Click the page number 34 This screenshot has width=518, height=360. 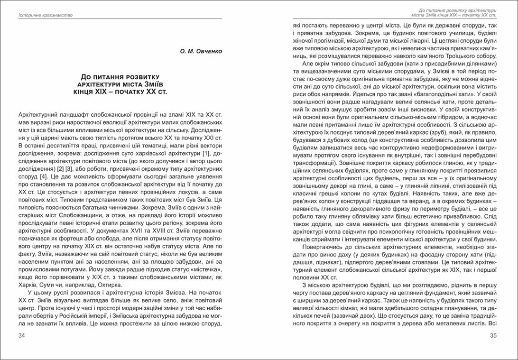21,336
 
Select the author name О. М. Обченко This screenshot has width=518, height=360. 202,51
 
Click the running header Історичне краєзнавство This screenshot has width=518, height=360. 45,15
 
